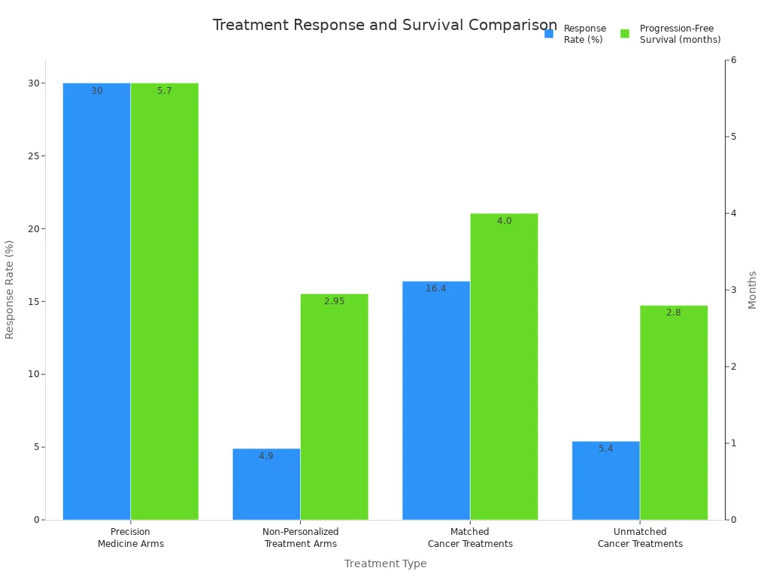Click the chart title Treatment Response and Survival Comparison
point(384,25)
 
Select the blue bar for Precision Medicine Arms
point(96,301)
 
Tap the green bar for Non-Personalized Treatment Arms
point(334,406)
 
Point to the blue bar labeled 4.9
point(266,484)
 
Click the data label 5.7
point(165,91)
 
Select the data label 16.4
point(436,288)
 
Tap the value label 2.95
point(334,301)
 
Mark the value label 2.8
point(674,313)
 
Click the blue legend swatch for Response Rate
point(549,34)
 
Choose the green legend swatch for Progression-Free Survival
point(625,34)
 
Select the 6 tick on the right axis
point(734,60)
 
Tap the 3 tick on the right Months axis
point(734,290)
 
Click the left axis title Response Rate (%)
point(10,289)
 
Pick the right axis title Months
point(753,289)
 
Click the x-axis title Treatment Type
point(385,563)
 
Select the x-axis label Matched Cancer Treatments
point(470,538)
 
